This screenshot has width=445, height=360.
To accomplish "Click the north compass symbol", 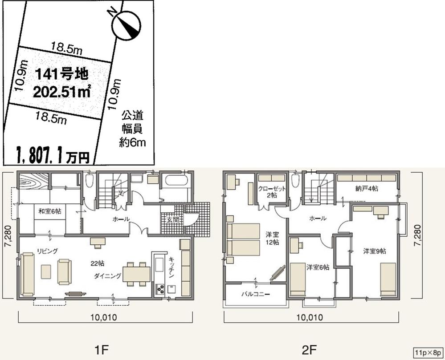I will click(x=127, y=25).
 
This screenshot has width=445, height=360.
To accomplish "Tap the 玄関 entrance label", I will click(x=172, y=219).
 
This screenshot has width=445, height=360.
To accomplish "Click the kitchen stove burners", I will click(x=159, y=290).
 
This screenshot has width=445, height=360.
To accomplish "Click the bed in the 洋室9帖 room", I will click(x=388, y=279).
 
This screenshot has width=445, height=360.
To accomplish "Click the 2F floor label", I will click(x=310, y=348).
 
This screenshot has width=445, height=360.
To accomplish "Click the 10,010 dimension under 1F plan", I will click(x=105, y=318).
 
